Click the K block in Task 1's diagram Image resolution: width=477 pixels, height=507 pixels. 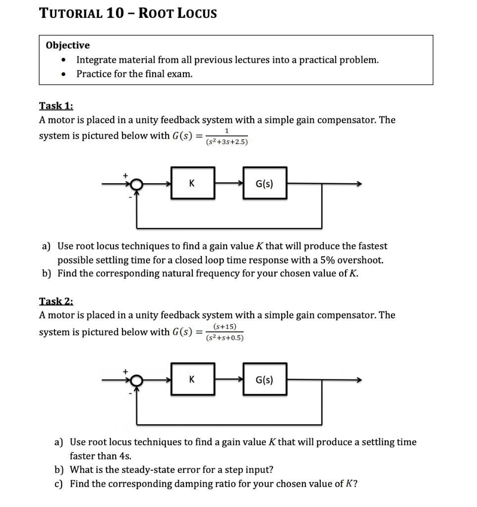pos(193,184)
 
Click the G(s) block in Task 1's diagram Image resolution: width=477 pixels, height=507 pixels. pos(264,184)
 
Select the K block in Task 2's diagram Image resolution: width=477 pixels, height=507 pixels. pos(193,379)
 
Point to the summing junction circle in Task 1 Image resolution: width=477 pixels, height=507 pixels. pos(137,184)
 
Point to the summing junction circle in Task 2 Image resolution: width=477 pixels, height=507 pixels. pos(137,380)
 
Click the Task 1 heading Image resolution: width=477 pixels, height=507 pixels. pos(56,105)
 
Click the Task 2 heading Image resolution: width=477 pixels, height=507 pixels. pos(56,301)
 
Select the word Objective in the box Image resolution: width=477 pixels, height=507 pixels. pos(68,46)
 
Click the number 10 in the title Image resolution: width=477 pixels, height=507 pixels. pos(114,13)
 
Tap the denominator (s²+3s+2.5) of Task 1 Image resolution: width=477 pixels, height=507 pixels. pos(226,142)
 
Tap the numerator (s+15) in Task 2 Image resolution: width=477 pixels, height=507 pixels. pos(226,326)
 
